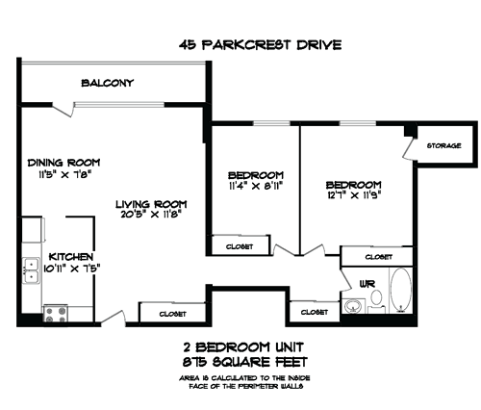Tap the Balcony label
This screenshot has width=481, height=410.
(x=107, y=83)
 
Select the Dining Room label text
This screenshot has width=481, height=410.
(x=63, y=163)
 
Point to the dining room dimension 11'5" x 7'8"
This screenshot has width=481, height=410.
(x=63, y=175)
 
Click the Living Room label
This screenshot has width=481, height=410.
(x=151, y=204)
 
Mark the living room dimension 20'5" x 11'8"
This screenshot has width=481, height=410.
(x=151, y=217)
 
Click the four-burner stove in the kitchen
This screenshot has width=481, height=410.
(x=55, y=311)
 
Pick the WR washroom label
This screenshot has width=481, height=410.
(x=367, y=285)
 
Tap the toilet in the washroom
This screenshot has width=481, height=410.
(x=376, y=302)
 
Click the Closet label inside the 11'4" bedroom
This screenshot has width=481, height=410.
(x=240, y=247)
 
